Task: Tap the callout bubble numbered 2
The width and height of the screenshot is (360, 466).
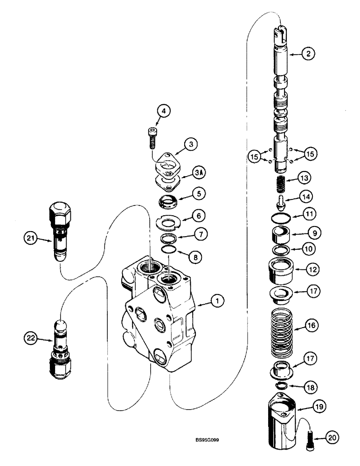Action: tap(307, 54)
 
